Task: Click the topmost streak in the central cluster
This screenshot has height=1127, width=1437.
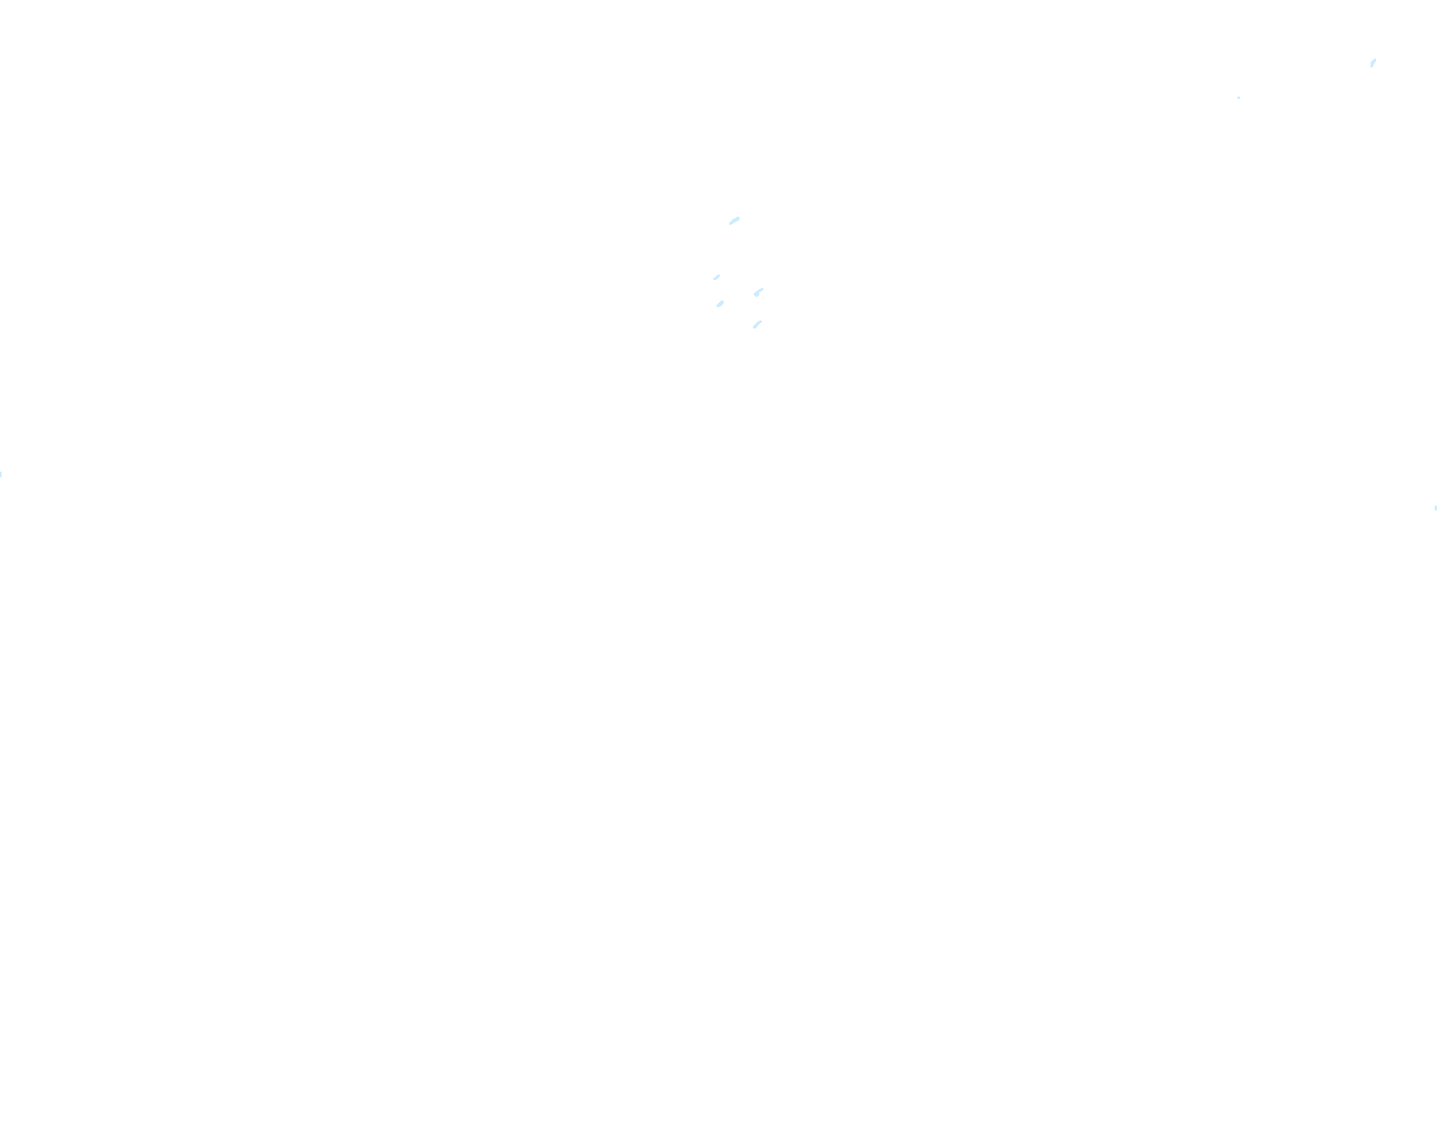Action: (x=735, y=221)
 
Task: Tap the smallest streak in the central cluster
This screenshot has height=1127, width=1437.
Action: (x=717, y=277)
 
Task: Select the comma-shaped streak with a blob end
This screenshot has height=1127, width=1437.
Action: (x=758, y=292)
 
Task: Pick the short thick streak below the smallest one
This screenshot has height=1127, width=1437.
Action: (x=720, y=304)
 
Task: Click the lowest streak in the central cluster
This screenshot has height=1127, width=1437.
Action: (x=758, y=324)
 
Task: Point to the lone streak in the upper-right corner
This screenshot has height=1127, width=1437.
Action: (x=1373, y=63)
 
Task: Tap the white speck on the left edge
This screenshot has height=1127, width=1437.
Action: (x=1, y=474)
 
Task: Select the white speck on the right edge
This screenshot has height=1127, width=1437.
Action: (x=1435, y=508)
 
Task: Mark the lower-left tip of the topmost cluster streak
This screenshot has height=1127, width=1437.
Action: (x=730, y=224)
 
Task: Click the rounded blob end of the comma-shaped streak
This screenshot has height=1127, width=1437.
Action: (x=757, y=294)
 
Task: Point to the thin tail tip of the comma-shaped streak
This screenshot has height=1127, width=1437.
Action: (x=762, y=289)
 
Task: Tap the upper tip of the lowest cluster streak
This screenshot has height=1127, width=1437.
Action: (x=762, y=321)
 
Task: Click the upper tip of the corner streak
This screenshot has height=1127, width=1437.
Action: (x=1375, y=59)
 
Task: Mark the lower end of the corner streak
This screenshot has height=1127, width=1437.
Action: (x=1371, y=66)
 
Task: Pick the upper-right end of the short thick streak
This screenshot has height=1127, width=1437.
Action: (x=723, y=301)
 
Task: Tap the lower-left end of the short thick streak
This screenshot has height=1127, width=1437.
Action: (x=717, y=306)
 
